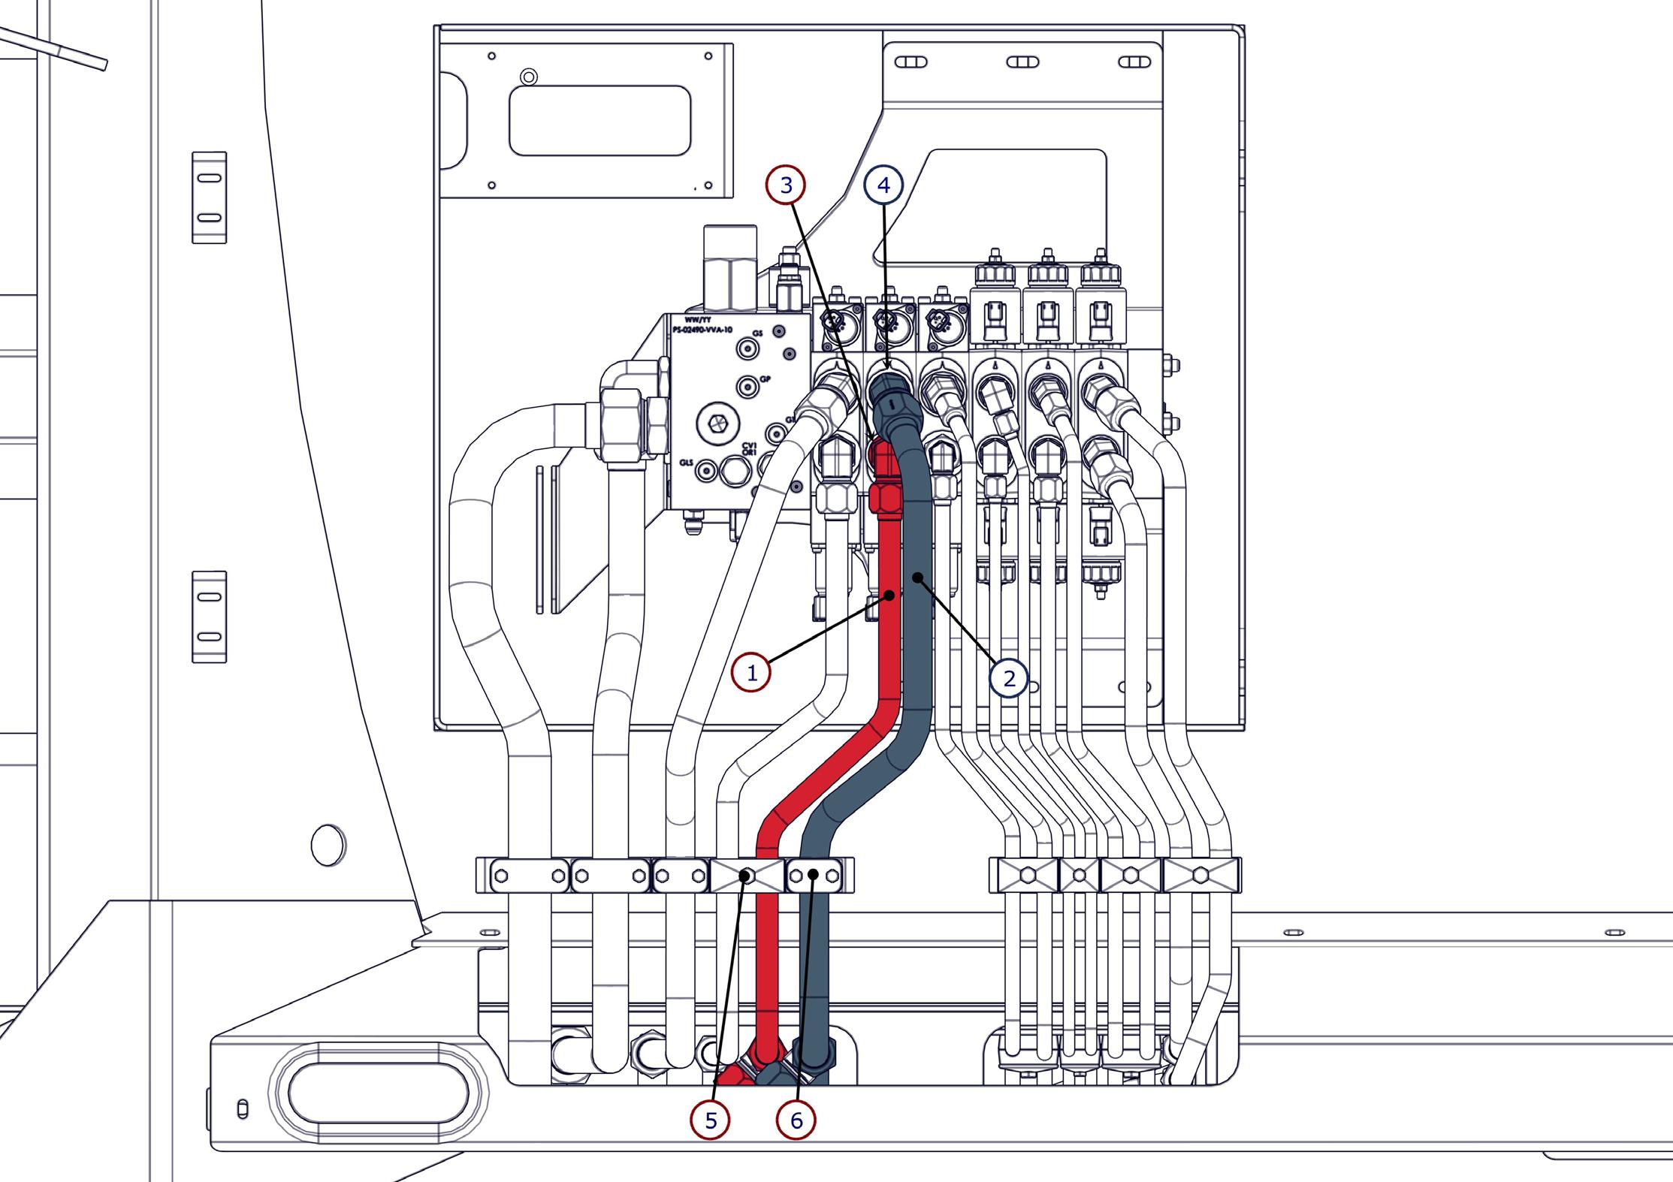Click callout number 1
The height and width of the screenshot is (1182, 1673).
[x=752, y=673]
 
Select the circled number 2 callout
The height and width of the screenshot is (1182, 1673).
[x=1009, y=678]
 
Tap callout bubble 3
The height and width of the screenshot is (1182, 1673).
[x=786, y=185]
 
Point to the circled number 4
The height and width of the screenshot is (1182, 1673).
[x=883, y=185]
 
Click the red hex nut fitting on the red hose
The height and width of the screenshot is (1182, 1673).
[x=884, y=496]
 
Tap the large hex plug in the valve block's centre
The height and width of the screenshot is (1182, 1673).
[x=714, y=425]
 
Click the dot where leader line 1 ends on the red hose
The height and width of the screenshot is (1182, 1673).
[x=890, y=596]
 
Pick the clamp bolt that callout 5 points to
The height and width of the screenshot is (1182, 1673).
[x=747, y=876]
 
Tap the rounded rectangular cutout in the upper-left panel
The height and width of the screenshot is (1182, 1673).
[x=599, y=120]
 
